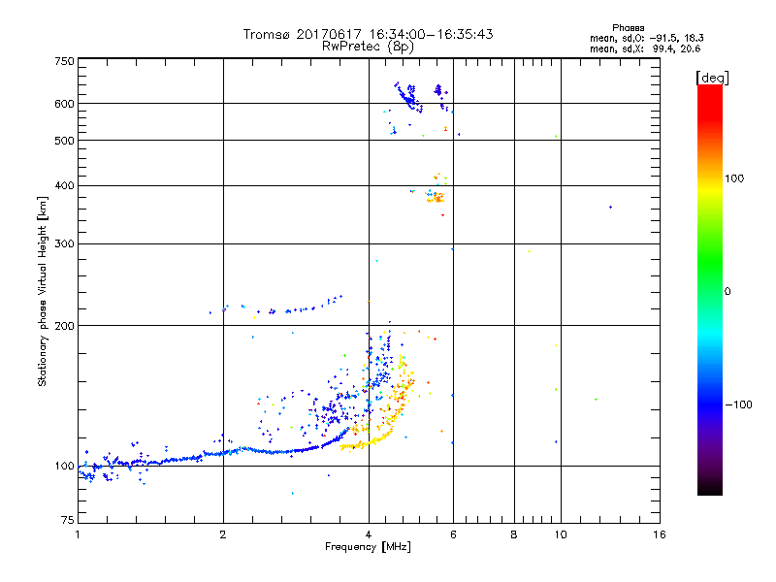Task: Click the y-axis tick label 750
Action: pyautogui.click(x=64, y=61)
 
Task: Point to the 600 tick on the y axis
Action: pyautogui.click(x=64, y=103)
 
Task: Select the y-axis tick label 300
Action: pyautogui.click(x=64, y=243)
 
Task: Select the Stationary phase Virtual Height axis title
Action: pyautogui.click(x=43, y=291)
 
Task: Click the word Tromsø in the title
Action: pyautogui.click(x=266, y=34)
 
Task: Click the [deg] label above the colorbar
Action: pyautogui.click(x=712, y=77)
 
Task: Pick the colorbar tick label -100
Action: pyautogui.click(x=743, y=404)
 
